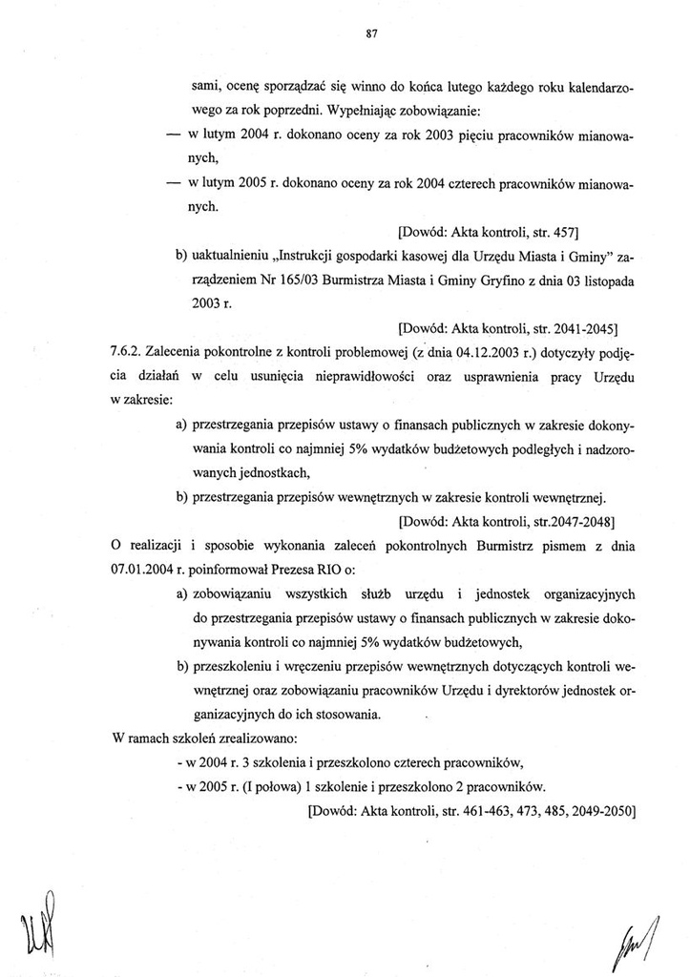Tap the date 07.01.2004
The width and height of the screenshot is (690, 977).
[x=138, y=571]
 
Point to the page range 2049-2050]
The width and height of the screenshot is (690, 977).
[x=599, y=811]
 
